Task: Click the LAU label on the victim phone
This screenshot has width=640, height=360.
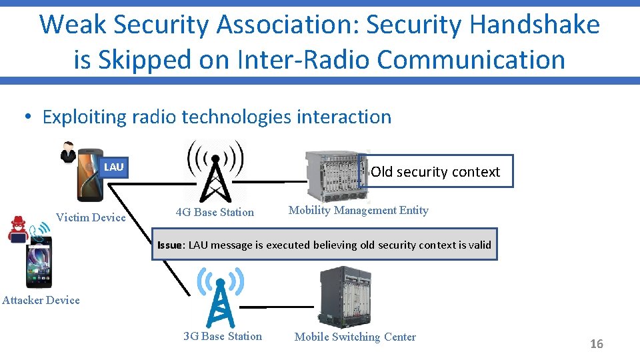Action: [x=113, y=167]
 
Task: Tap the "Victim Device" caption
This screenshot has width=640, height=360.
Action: [x=91, y=217]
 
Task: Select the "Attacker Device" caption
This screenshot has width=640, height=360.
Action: [x=41, y=300]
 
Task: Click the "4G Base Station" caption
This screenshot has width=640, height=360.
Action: [x=215, y=213]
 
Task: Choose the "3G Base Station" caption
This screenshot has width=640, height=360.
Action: [x=223, y=336]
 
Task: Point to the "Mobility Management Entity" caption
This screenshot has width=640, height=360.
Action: [x=358, y=211]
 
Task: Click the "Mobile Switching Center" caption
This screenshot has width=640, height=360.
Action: [x=355, y=337]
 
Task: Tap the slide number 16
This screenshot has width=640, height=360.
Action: [x=596, y=344]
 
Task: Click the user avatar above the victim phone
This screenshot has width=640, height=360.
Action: [x=67, y=152]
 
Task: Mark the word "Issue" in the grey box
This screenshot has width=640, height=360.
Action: [x=170, y=245]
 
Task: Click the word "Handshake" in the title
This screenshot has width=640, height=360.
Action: [x=535, y=25]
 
